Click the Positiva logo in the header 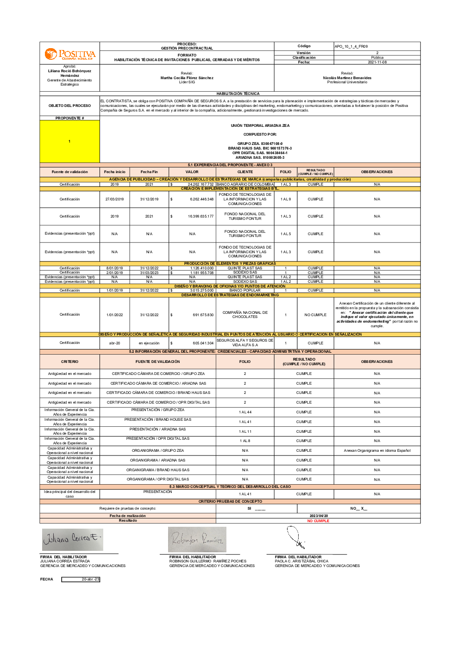click(x=70, y=55)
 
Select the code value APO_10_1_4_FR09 click(x=351, y=46)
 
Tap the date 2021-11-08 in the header click(x=377, y=62)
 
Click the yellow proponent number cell click(x=69, y=141)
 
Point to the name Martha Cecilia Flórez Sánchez click(x=187, y=78)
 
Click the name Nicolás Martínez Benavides click(x=347, y=78)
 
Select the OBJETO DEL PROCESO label click(x=69, y=106)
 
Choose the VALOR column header click(x=192, y=172)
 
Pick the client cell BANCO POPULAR click(x=245, y=290)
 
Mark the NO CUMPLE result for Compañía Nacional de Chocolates click(x=315, y=315)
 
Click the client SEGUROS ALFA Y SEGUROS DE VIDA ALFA click(x=245, y=343)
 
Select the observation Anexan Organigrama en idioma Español click(x=377, y=450)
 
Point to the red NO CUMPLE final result click(x=318, y=521)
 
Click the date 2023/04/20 click(x=319, y=516)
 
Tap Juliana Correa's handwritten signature click(x=72, y=539)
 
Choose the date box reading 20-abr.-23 click(x=81, y=579)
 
